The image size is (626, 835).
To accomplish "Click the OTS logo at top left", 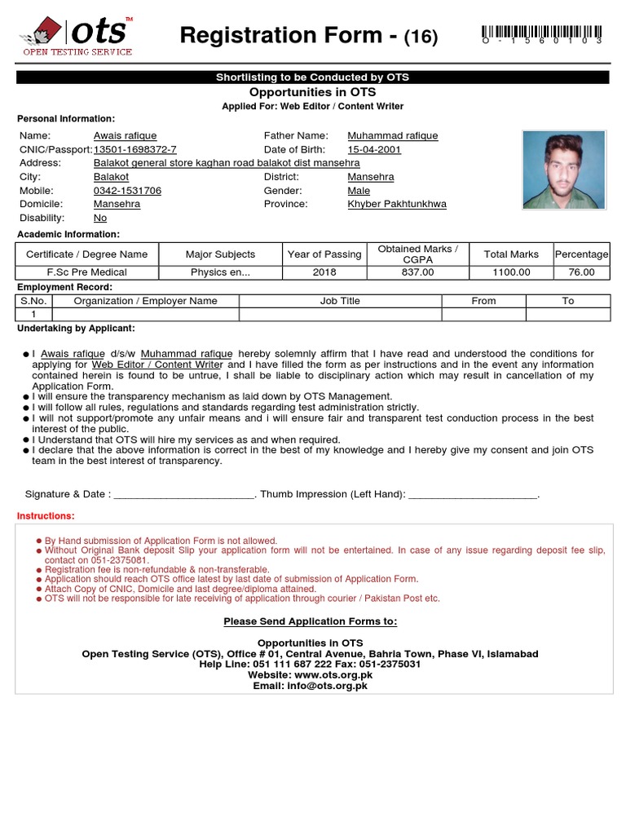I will point(75,36).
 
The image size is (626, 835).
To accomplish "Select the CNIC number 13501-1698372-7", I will point(134,150).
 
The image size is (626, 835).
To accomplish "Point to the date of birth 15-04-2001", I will point(374,150).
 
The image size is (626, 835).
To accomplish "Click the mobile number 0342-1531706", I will point(127,191).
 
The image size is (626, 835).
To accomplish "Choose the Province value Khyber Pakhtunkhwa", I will point(397,205).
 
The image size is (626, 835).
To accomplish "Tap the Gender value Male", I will point(359,191).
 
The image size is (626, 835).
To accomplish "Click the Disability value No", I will point(100,219).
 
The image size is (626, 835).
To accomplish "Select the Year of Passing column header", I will point(324,254).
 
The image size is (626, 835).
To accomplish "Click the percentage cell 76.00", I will point(581,273).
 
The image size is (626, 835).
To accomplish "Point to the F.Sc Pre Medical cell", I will point(87,273).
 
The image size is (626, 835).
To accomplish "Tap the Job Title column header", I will point(340,301).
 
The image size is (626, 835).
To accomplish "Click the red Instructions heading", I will point(46,516).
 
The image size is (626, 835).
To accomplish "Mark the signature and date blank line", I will point(184,495).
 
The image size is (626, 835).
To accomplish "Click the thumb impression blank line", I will point(473,495).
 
